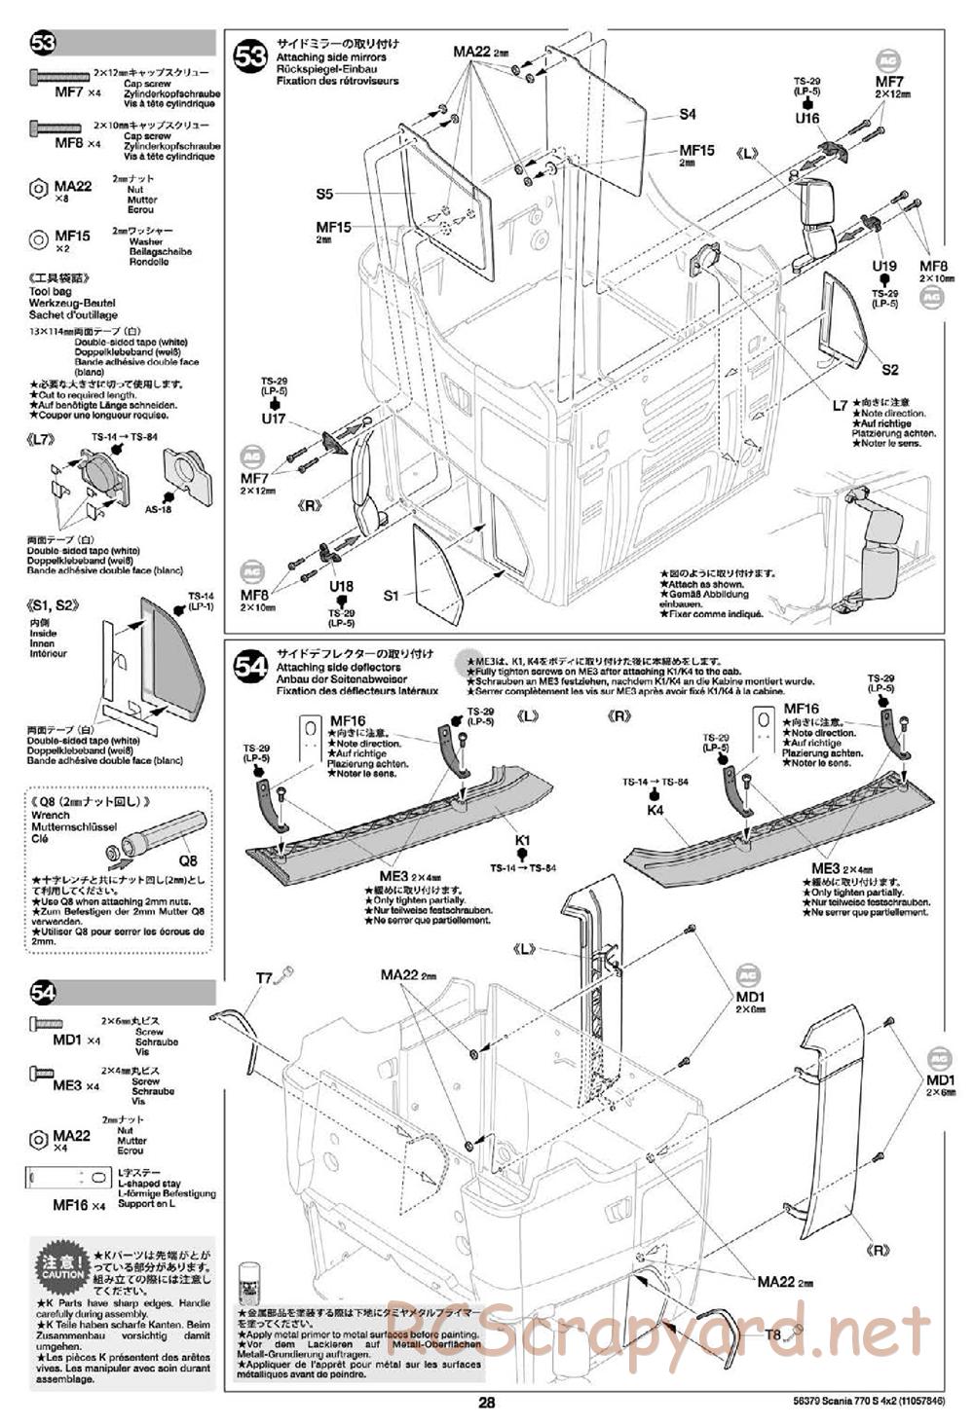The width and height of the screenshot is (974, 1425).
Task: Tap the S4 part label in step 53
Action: pos(688,114)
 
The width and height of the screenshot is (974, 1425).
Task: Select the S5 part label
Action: pos(324,194)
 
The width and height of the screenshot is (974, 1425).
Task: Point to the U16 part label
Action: pos(806,118)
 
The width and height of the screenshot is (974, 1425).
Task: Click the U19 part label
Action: pos(883,266)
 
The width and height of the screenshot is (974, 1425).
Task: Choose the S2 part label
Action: pos(889,370)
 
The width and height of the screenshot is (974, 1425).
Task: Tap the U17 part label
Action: pos(273,419)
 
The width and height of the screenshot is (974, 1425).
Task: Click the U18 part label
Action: pos(341,587)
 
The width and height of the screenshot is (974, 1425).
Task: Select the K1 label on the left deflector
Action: pos(523,839)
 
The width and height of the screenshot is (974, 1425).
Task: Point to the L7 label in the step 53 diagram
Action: pos(840,404)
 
